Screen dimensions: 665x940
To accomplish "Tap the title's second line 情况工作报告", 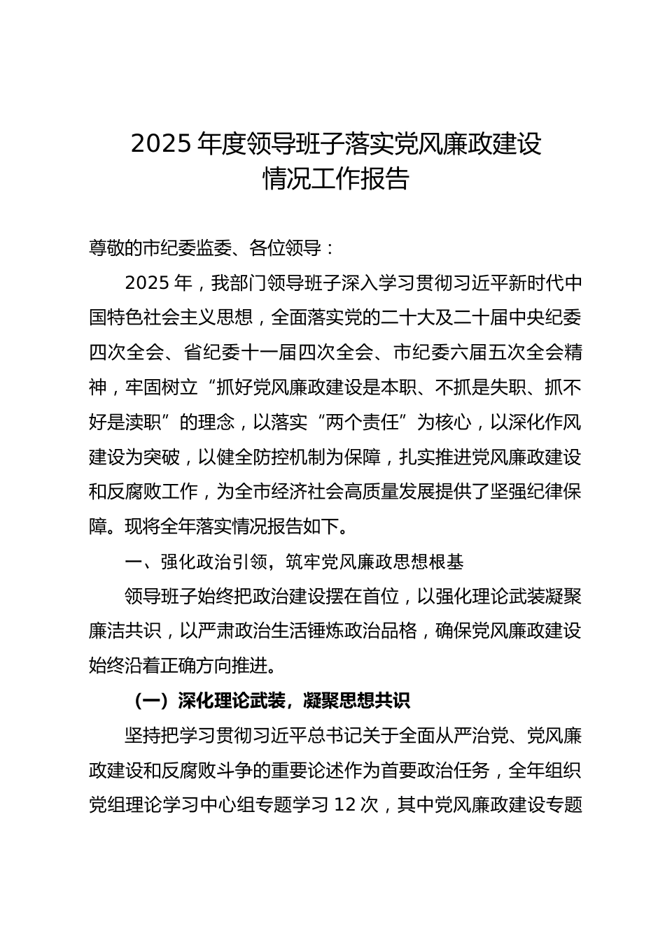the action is click(335, 178).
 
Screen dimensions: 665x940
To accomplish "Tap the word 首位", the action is click(380, 597).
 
